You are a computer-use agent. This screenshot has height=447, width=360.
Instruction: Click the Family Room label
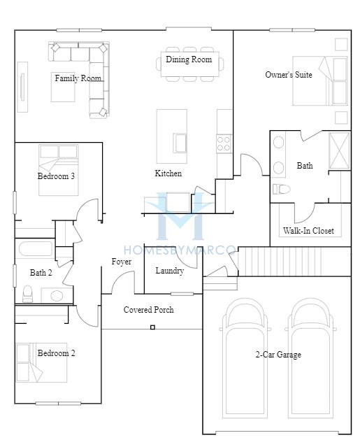[x=78, y=78]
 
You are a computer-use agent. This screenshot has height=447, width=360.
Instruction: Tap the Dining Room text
[x=189, y=59]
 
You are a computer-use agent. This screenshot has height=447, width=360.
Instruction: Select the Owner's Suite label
[x=289, y=75]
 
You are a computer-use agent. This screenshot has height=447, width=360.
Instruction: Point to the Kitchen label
[x=168, y=173]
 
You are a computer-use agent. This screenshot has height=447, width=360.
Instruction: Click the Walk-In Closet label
[x=308, y=230]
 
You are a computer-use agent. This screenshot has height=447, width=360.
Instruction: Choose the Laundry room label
[x=170, y=271]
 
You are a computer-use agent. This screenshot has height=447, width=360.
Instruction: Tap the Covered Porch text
[x=149, y=310]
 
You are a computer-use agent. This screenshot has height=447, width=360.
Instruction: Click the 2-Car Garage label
[x=278, y=355]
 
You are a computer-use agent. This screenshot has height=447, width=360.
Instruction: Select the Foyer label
[x=122, y=262]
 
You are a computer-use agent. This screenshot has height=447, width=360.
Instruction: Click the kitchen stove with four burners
[x=224, y=143]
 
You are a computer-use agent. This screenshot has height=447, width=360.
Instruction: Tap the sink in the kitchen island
[x=180, y=143]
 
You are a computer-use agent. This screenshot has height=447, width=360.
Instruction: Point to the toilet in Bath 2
[x=28, y=294]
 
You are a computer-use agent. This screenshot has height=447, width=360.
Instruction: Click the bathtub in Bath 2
[x=36, y=249]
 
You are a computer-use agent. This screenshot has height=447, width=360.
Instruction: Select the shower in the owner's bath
[x=339, y=151]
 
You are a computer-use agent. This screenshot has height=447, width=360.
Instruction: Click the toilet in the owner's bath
[x=282, y=189]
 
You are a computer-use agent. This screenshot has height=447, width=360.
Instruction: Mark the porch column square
[x=152, y=327]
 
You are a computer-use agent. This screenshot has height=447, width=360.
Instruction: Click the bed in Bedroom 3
[x=59, y=170]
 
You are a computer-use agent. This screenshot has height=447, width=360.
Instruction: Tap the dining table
[x=189, y=64]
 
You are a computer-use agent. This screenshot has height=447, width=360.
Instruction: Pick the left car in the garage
[x=245, y=358]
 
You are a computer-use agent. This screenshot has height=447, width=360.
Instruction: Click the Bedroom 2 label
[x=57, y=353]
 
